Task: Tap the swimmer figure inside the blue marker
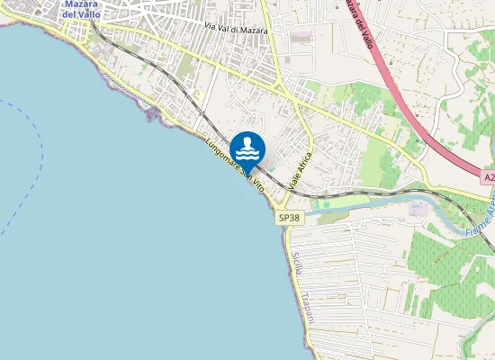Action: (x=247, y=148)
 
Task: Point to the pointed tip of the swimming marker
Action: (x=247, y=167)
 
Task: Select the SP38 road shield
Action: (x=289, y=217)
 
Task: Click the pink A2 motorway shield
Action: (x=488, y=178)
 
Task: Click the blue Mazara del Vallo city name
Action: (x=82, y=8)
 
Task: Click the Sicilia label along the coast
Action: (x=298, y=265)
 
